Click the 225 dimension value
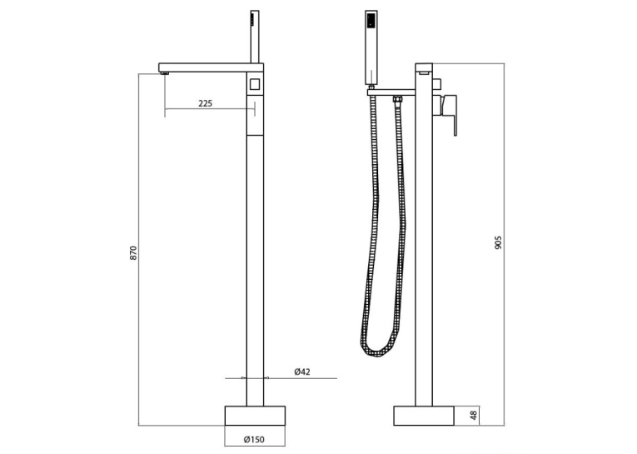205,103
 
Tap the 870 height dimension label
134,252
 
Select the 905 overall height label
499,242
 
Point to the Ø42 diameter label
302,372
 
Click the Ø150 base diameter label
254,439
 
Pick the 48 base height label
473,416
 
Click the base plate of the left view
255,416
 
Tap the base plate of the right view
424,416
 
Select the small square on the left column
255,84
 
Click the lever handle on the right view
450,115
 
